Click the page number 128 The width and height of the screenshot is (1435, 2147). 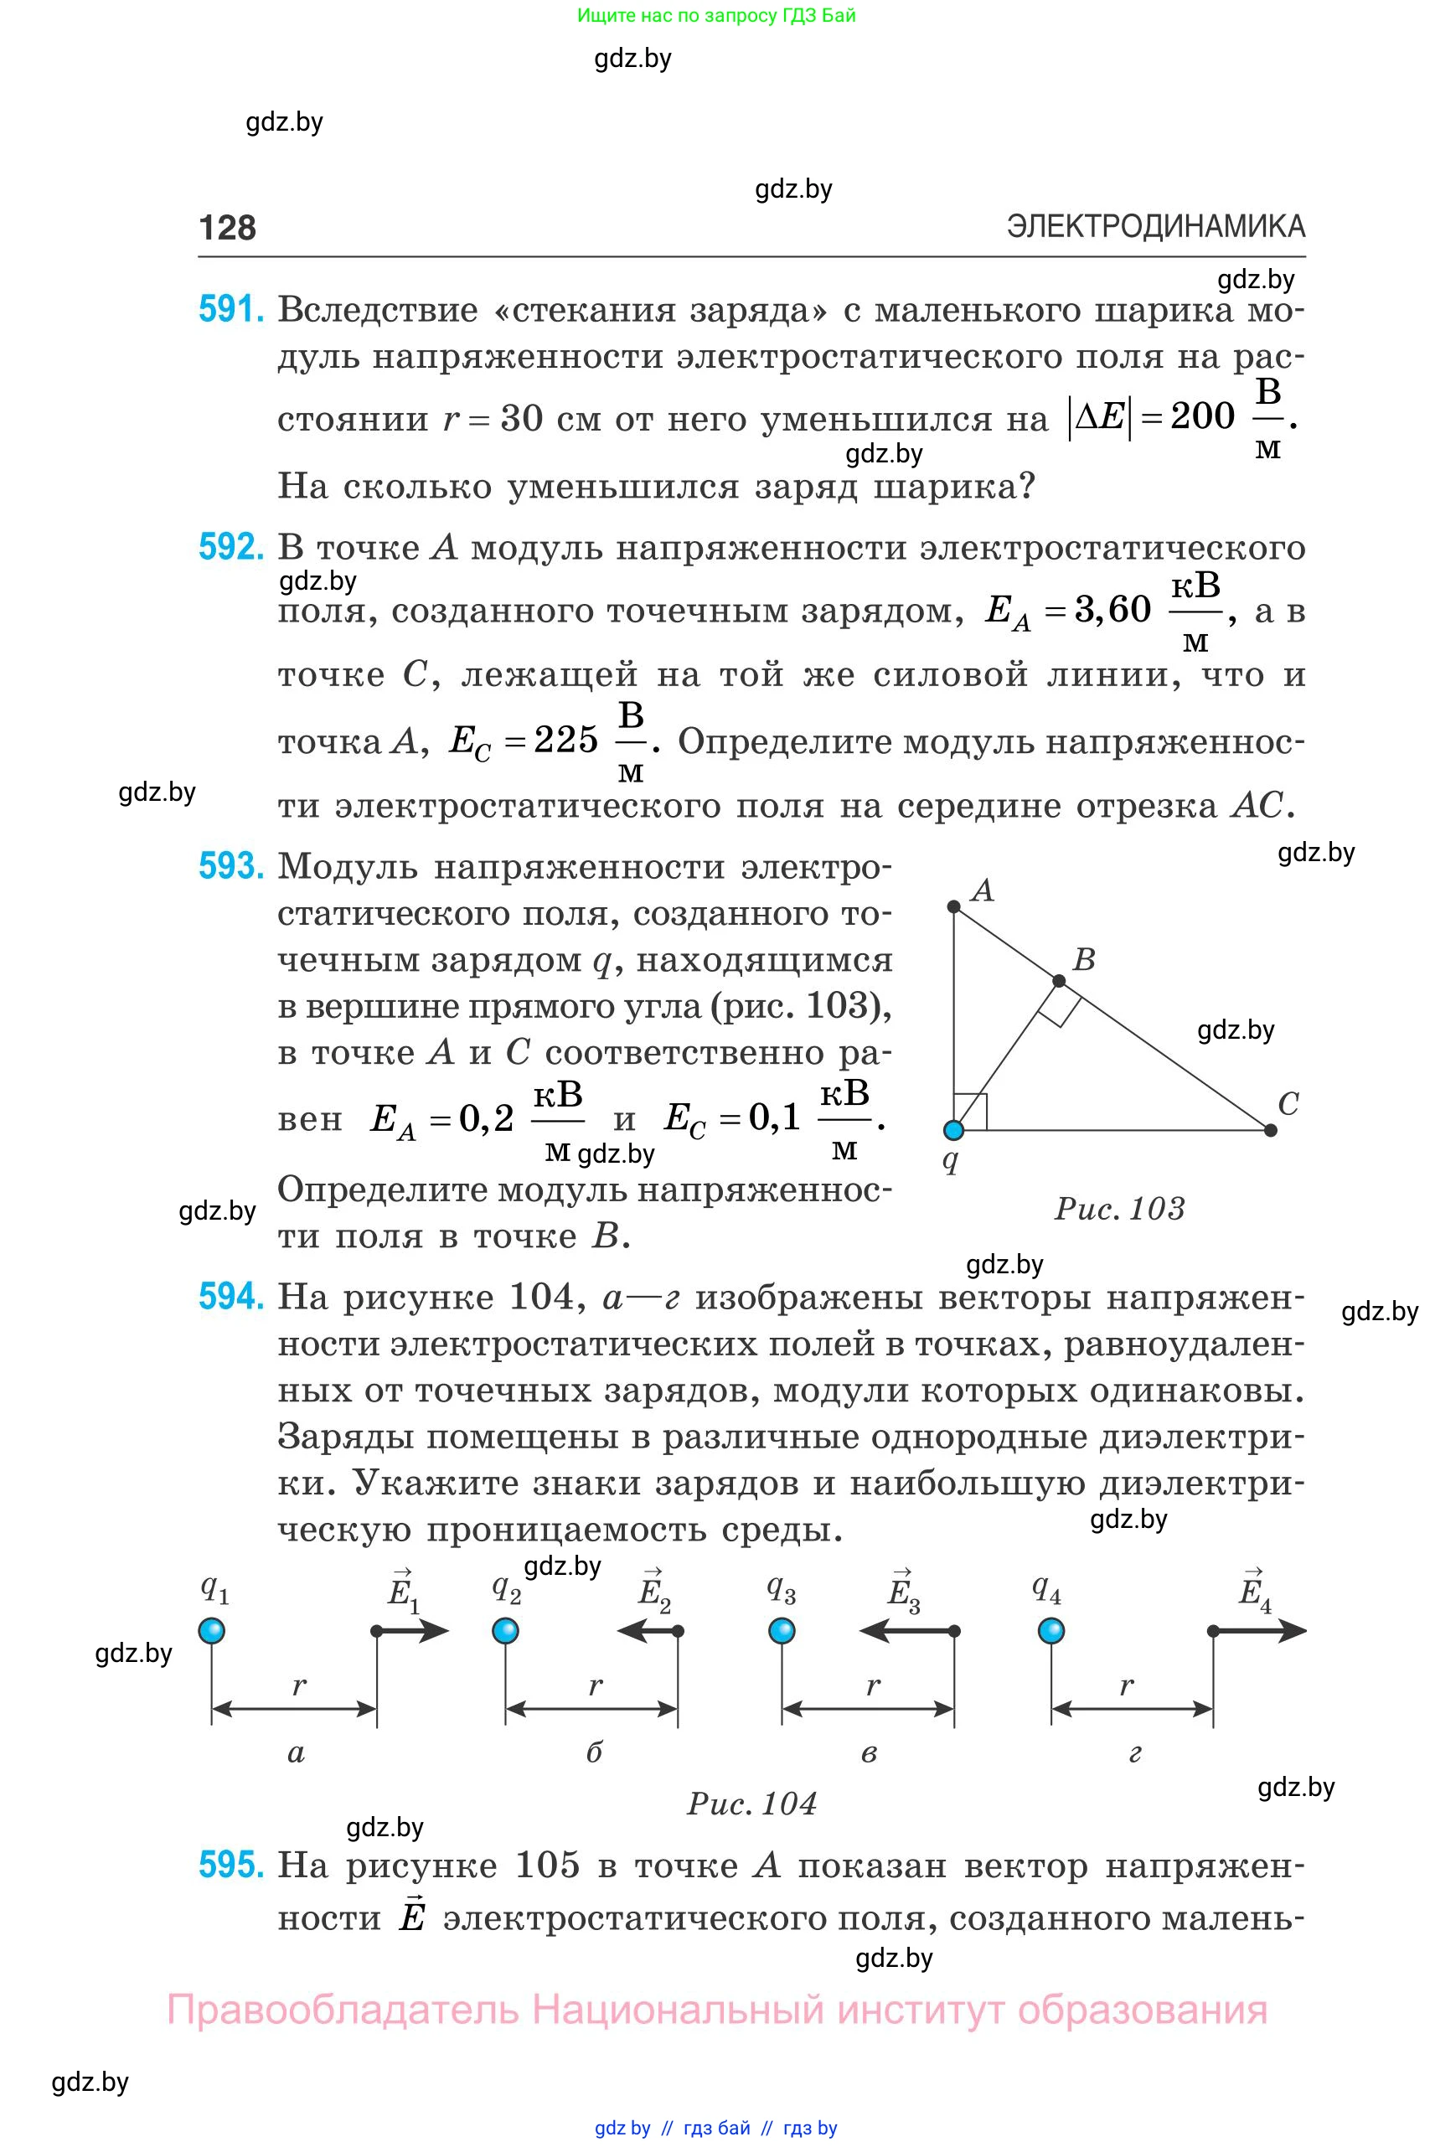pos(227,227)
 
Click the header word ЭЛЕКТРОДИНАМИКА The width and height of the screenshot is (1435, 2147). pos(1155,226)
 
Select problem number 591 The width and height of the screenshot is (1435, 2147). pos(230,309)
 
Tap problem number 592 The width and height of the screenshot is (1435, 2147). pos(230,547)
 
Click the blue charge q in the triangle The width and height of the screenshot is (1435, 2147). pos(953,1130)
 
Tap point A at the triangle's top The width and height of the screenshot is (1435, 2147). pos(953,906)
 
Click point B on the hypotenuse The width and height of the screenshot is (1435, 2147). pos(1059,981)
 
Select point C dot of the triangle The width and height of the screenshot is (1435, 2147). pos(1270,1130)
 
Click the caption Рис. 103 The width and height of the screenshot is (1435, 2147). pos(1119,1209)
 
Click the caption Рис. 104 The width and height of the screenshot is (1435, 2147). pos(751,1804)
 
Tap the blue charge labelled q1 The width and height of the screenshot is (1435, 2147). pos(211,1631)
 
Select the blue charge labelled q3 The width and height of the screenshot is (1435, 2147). pos(782,1631)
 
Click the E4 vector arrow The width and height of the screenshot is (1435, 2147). pos(1260,1631)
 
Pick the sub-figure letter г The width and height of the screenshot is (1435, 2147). pos(1135,1753)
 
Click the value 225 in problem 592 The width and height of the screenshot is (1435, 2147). pos(565,740)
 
